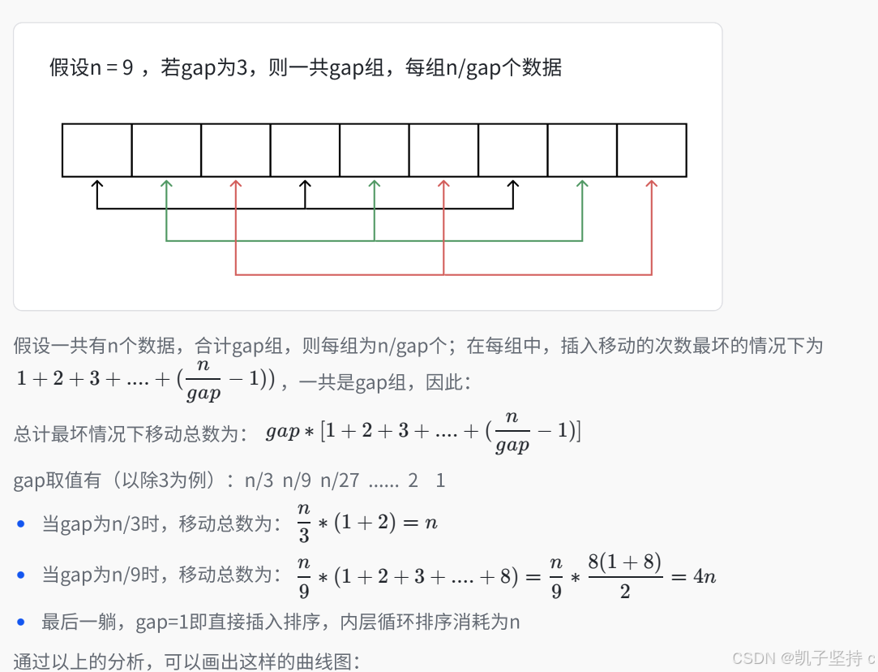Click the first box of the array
(97, 150)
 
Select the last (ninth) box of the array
(652, 150)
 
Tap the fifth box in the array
(375, 150)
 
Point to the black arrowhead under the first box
(97, 185)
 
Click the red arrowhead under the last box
(652, 185)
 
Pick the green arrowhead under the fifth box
(375, 185)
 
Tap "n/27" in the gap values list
(339, 480)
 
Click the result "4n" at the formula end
(703, 576)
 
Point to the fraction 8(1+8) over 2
(624, 575)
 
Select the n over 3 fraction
(304, 523)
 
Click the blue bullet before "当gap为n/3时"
(22, 524)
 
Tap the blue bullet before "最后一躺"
(22, 623)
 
